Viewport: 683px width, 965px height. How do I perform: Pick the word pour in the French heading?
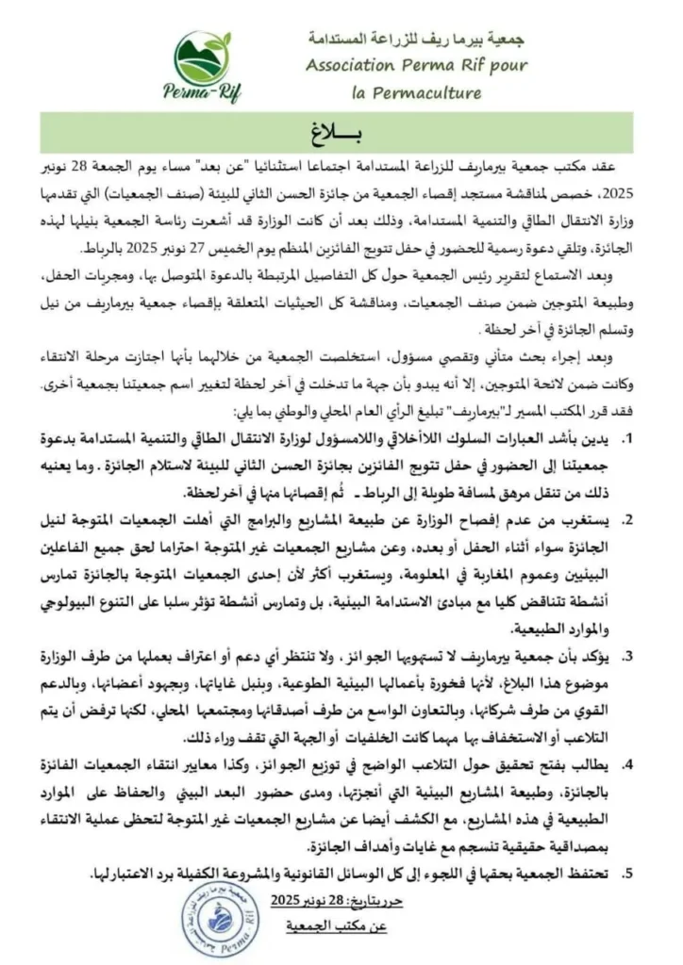point(508,66)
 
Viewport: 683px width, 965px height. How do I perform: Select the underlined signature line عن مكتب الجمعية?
point(337,927)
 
